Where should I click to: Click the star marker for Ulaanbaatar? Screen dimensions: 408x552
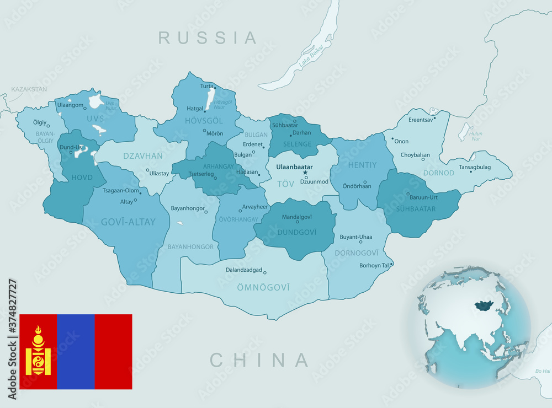tap(304, 173)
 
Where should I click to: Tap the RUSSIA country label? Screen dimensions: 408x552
tap(208, 37)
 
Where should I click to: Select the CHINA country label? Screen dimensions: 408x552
tap(259, 360)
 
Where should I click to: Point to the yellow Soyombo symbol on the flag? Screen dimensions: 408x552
tap(38, 351)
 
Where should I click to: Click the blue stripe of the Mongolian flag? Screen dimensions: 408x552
tap(76, 351)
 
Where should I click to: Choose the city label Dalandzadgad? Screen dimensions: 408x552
tap(243, 270)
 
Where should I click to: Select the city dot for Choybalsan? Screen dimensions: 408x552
tap(423, 159)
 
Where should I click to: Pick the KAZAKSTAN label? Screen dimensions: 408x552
tap(29, 89)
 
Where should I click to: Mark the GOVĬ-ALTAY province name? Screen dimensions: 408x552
tap(128, 222)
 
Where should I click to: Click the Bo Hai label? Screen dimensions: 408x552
tap(542, 371)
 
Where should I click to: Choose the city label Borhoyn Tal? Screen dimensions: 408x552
tap(374, 265)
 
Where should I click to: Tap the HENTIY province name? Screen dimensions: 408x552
tap(362, 164)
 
